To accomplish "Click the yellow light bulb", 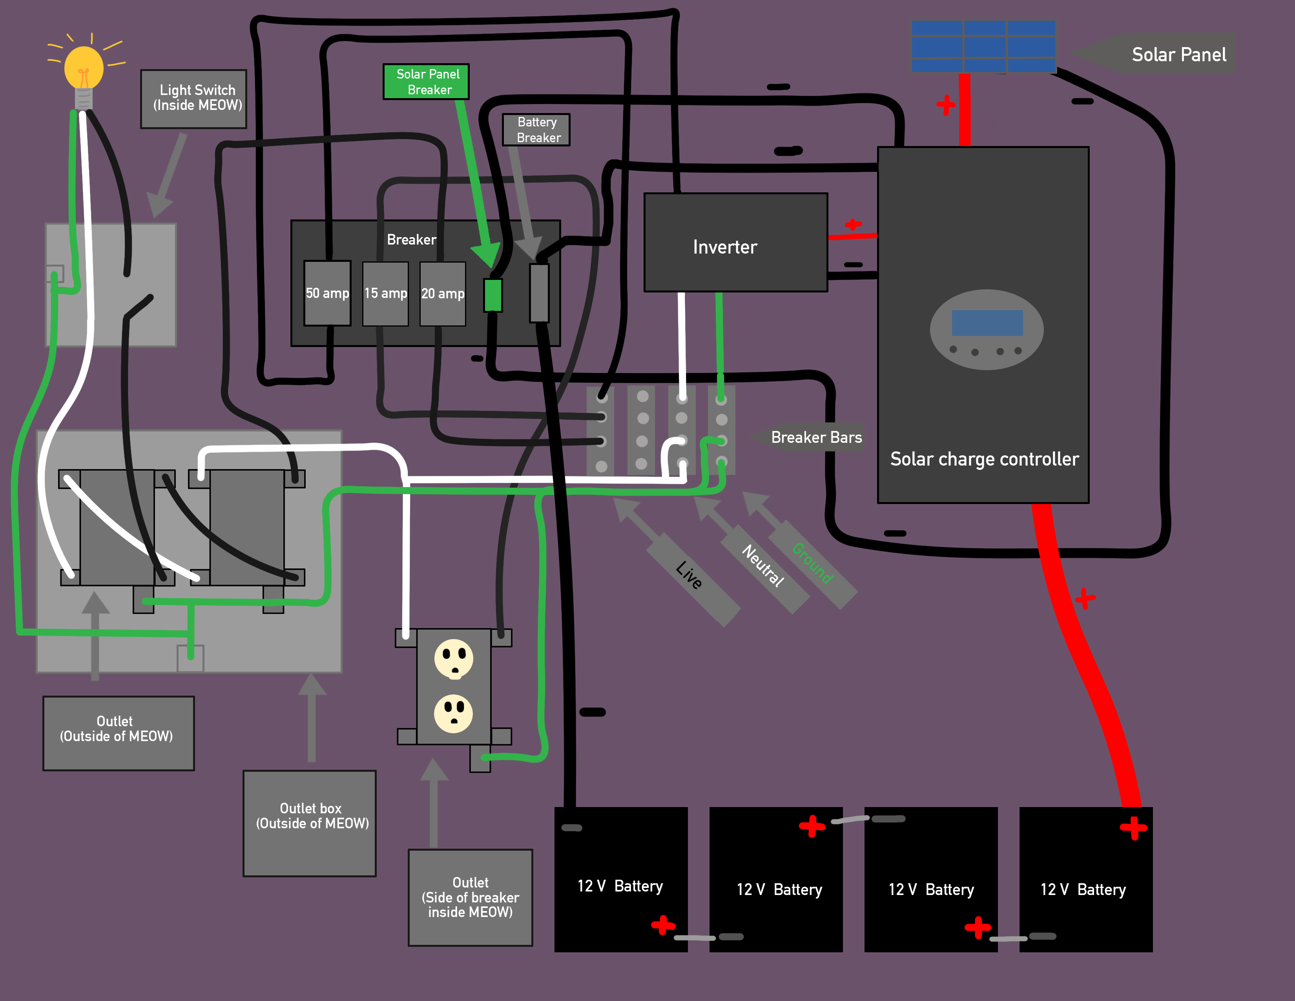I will [x=84, y=68].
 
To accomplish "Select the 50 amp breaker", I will [x=327, y=293].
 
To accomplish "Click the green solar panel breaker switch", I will [x=493, y=295].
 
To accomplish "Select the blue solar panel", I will [x=983, y=46].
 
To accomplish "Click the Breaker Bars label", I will [x=816, y=438].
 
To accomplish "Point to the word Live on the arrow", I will [x=689, y=575].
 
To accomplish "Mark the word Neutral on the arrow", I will [x=763, y=566].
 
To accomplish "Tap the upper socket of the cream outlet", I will [x=454, y=658].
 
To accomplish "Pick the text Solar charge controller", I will [x=984, y=459].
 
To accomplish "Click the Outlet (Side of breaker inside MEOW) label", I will [x=470, y=897].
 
